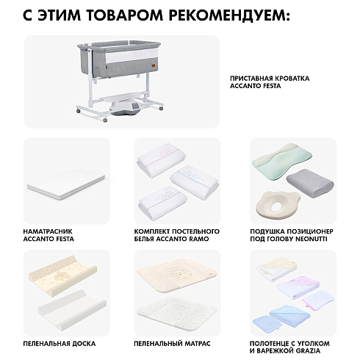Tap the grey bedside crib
[x=119, y=81]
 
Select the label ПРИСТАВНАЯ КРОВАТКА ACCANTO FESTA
[x=270, y=82]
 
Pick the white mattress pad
[x=66, y=184]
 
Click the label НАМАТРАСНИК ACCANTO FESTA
[x=48, y=235]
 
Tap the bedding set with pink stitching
[x=161, y=159]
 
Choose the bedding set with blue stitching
[x=194, y=182]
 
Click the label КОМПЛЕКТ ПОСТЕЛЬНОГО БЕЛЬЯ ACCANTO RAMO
[x=177, y=235]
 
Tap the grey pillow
[x=310, y=183]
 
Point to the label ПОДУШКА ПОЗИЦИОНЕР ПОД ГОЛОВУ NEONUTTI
[x=292, y=235]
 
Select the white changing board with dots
[x=72, y=310]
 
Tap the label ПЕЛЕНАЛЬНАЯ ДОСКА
[x=60, y=344]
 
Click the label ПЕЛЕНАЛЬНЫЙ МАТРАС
[x=172, y=344]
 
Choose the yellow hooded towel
[x=276, y=269]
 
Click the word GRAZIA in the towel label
[x=307, y=350]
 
